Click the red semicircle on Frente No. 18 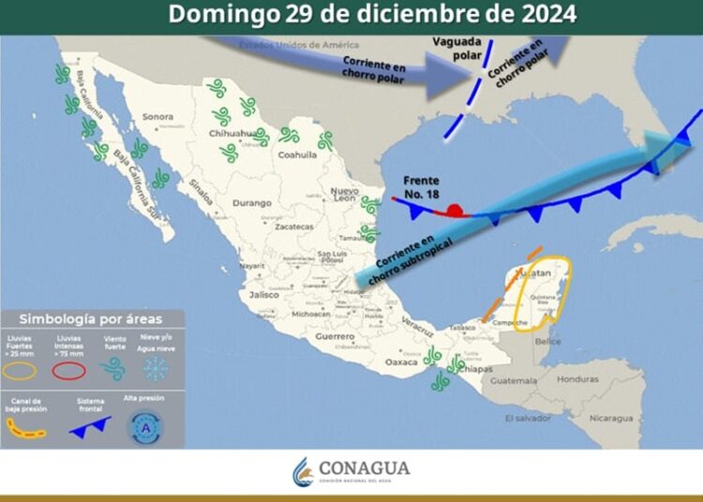455,210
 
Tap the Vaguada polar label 458,48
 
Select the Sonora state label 158,117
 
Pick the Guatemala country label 511,381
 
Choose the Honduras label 576,379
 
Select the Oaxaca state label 401,362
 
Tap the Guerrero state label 335,335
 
